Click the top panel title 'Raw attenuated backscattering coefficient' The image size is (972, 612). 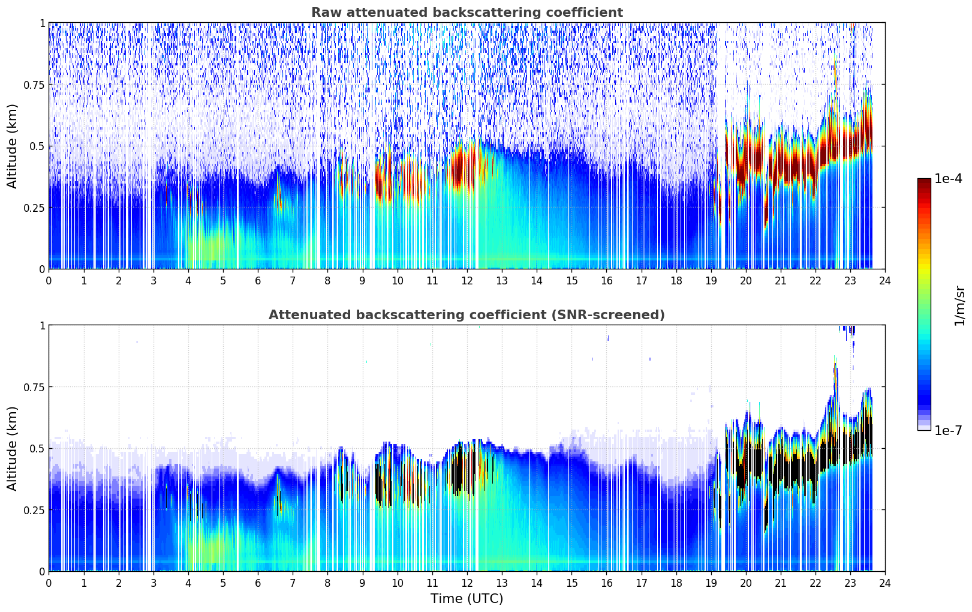[467, 13]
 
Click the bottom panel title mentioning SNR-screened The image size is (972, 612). [467, 315]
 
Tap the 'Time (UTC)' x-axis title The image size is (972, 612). [467, 599]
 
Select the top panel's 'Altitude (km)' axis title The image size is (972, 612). [13, 146]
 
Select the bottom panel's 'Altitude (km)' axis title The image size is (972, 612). [13, 448]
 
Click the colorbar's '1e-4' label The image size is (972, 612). [948, 179]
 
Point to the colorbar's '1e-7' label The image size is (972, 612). [948, 430]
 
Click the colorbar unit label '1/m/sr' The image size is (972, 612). [959, 305]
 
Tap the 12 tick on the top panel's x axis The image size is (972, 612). [467, 280]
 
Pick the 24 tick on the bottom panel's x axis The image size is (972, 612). [884, 583]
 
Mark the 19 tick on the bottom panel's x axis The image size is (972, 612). [711, 583]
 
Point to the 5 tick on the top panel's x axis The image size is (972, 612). [223, 280]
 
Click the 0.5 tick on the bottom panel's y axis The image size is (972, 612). [38, 448]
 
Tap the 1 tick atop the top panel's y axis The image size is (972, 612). [42, 23]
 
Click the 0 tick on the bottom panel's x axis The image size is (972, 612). [49, 583]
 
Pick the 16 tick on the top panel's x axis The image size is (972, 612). [606, 280]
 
